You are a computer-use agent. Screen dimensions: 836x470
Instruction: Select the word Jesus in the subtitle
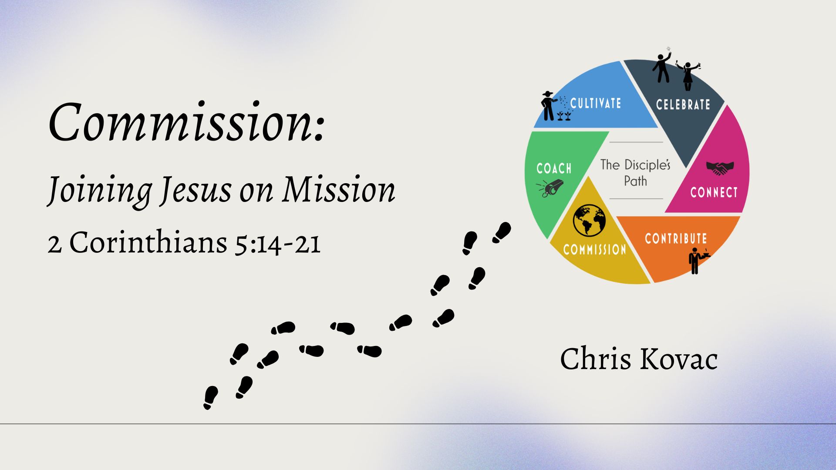(x=195, y=191)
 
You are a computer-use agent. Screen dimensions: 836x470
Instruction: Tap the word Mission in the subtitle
(x=338, y=190)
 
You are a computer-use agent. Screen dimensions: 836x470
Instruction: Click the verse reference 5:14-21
(x=278, y=243)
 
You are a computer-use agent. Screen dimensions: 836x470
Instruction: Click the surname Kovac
(x=678, y=359)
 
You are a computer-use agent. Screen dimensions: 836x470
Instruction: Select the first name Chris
(x=596, y=359)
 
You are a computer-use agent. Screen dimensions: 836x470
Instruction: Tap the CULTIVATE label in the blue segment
(x=596, y=103)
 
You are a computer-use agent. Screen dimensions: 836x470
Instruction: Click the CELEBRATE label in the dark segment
(x=683, y=104)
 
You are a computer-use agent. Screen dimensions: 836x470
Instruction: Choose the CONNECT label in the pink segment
(x=714, y=192)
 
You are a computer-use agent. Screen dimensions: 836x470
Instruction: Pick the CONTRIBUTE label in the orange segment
(x=676, y=238)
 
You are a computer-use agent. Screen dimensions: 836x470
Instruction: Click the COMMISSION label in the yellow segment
(x=595, y=249)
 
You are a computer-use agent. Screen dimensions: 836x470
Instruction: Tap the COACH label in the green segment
(x=554, y=168)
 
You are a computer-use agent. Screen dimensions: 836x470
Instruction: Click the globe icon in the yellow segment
(x=589, y=220)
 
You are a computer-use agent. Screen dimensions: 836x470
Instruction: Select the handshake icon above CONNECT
(x=720, y=168)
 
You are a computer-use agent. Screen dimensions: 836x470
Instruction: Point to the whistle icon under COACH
(x=550, y=189)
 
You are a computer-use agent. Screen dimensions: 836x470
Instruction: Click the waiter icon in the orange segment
(x=698, y=260)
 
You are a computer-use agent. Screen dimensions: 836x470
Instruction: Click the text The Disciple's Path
(x=635, y=172)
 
